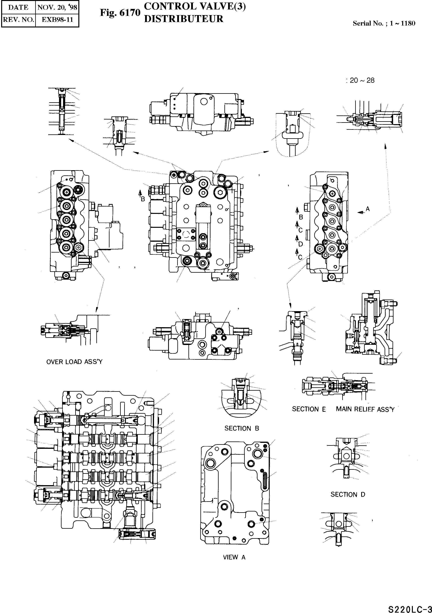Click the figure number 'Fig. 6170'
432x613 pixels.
click(120, 13)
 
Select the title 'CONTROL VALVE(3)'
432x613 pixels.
click(194, 6)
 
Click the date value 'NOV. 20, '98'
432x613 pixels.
click(57, 7)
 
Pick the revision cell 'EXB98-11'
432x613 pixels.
click(57, 20)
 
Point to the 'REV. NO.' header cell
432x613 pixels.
click(18, 20)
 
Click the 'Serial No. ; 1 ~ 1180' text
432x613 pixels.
click(384, 23)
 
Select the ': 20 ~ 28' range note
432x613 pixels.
click(360, 80)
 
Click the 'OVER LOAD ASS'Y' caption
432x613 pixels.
click(74, 362)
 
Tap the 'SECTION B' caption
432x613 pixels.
click(241, 428)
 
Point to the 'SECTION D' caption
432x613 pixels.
click(348, 494)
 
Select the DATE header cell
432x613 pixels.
click(18, 7)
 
